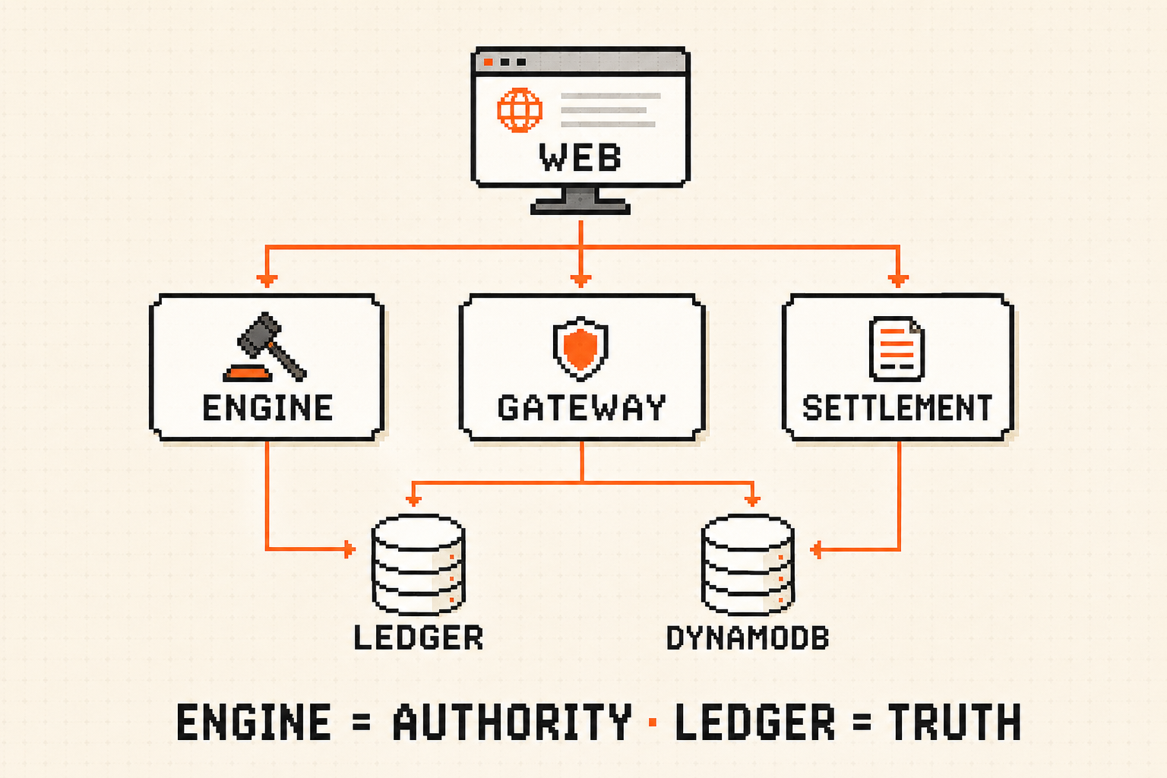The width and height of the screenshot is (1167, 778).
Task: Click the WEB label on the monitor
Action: [x=580, y=157]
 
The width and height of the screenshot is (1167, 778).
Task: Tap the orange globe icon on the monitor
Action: [x=520, y=110]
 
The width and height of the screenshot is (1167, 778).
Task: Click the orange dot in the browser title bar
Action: [x=489, y=62]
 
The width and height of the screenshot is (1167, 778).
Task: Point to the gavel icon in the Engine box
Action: [x=265, y=347]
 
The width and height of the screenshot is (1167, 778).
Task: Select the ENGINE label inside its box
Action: [x=267, y=407]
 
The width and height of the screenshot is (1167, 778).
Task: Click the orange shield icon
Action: [x=580, y=347]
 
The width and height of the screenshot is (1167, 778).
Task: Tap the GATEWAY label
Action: [x=581, y=407]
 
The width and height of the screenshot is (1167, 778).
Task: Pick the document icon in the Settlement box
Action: [x=897, y=349]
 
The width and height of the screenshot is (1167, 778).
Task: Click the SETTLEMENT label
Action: [x=897, y=407]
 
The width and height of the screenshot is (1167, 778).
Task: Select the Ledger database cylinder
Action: [x=419, y=565]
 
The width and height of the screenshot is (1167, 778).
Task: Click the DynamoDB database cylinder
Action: [x=748, y=565]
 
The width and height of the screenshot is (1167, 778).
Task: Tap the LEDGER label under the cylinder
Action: [x=419, y=637]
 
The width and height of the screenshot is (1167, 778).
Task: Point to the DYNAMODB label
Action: [x=748, y=637]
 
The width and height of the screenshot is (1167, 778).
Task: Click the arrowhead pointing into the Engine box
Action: [x=267, y=281]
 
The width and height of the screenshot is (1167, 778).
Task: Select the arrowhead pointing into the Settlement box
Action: [x=897, y=281]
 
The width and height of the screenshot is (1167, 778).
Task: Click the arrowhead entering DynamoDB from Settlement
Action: [x=817, y=549]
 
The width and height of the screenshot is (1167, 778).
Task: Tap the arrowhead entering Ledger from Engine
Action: [x=349, y=549]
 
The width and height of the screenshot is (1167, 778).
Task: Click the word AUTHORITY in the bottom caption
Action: [x=512, y=722]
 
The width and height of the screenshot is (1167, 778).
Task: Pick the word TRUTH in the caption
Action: [x=954, y=722]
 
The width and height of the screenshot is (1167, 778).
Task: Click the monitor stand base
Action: [x=580, y=207]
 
